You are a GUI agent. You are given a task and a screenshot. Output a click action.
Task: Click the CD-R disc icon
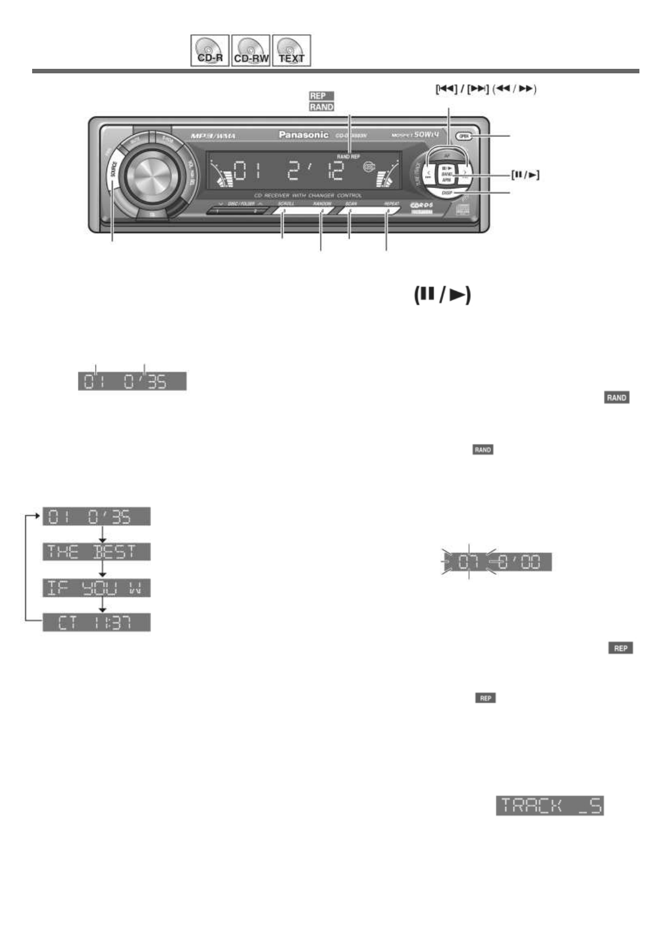210,51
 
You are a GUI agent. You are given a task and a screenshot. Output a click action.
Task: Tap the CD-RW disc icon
251,51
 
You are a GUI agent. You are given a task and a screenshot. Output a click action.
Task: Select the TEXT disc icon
292,51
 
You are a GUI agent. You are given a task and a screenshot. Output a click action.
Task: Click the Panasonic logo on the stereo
303,135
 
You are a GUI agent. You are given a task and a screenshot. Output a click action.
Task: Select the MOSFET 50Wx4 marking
415,135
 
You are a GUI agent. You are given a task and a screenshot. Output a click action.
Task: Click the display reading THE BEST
97,552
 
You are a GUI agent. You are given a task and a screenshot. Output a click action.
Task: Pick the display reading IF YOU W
97,588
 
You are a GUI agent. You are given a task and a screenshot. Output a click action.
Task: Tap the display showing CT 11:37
97,623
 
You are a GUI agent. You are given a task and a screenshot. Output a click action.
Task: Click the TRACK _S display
550,806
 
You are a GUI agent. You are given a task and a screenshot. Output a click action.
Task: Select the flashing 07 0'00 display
496,562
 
